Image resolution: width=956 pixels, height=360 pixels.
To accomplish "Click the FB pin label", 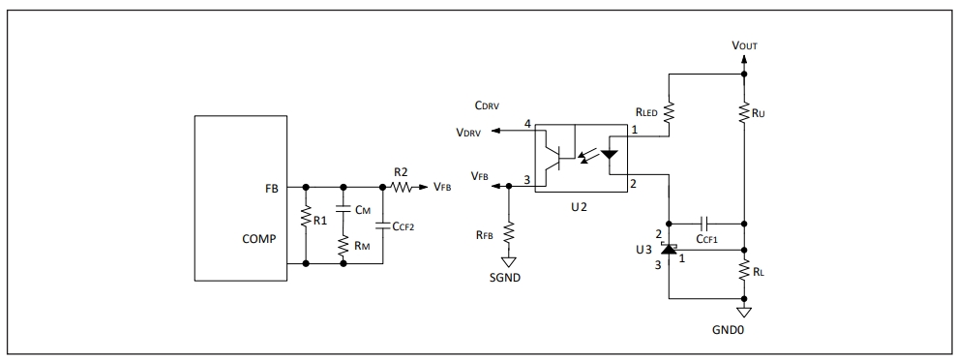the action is tap(271, 189).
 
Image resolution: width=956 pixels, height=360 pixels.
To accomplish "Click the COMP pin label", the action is tap(259, 239).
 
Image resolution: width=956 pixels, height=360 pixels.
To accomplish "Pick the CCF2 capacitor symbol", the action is tap(383, 225).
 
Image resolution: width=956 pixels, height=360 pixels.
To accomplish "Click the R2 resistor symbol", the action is tap(402, 188).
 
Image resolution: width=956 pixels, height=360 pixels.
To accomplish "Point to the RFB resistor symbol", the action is tap(509, 233).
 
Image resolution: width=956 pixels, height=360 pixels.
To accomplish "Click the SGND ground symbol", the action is tap(509, 262).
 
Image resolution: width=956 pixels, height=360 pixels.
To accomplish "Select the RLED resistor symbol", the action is tap(670, 111).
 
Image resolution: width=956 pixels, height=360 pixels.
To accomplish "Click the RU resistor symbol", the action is tap(744, 113).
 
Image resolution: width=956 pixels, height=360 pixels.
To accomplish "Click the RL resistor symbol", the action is tap(744, 271).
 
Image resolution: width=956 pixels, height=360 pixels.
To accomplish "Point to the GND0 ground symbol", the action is tap(744, 313).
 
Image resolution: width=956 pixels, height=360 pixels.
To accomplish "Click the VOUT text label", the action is tap(744, 45).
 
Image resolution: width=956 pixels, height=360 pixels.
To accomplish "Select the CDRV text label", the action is tap(487, 105).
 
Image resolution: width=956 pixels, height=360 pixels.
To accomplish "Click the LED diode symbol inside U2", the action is tap(609, 154).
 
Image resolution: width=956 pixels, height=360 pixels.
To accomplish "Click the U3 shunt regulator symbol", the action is tap(670, 249).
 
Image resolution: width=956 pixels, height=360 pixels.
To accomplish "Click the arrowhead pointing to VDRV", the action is tap(495, 131).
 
